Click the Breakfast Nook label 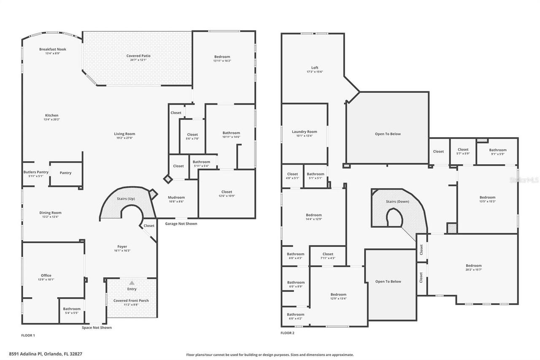[x=53, y=49]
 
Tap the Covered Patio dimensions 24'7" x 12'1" [x=138, y=60]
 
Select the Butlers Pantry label [x=36, y=172]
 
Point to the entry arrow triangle [x=132, y=283]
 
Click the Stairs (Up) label [x=126, y=199]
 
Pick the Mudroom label [x=176, y=198]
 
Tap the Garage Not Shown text [x=181, y=224]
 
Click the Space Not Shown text [x=97, y=328]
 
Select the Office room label [x=46, y=276]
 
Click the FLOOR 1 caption [x=28, y=336]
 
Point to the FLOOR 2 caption [x=287, y=333]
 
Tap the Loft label [x=315, y=68]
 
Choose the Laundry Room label [x=304, y=132]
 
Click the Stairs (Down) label [x=397, y=201]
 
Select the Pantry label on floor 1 [x=65, y=173]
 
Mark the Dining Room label [x=51, y=213]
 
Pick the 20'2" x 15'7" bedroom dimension [x=474, y=270]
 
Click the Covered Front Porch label [x=131, y=300]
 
